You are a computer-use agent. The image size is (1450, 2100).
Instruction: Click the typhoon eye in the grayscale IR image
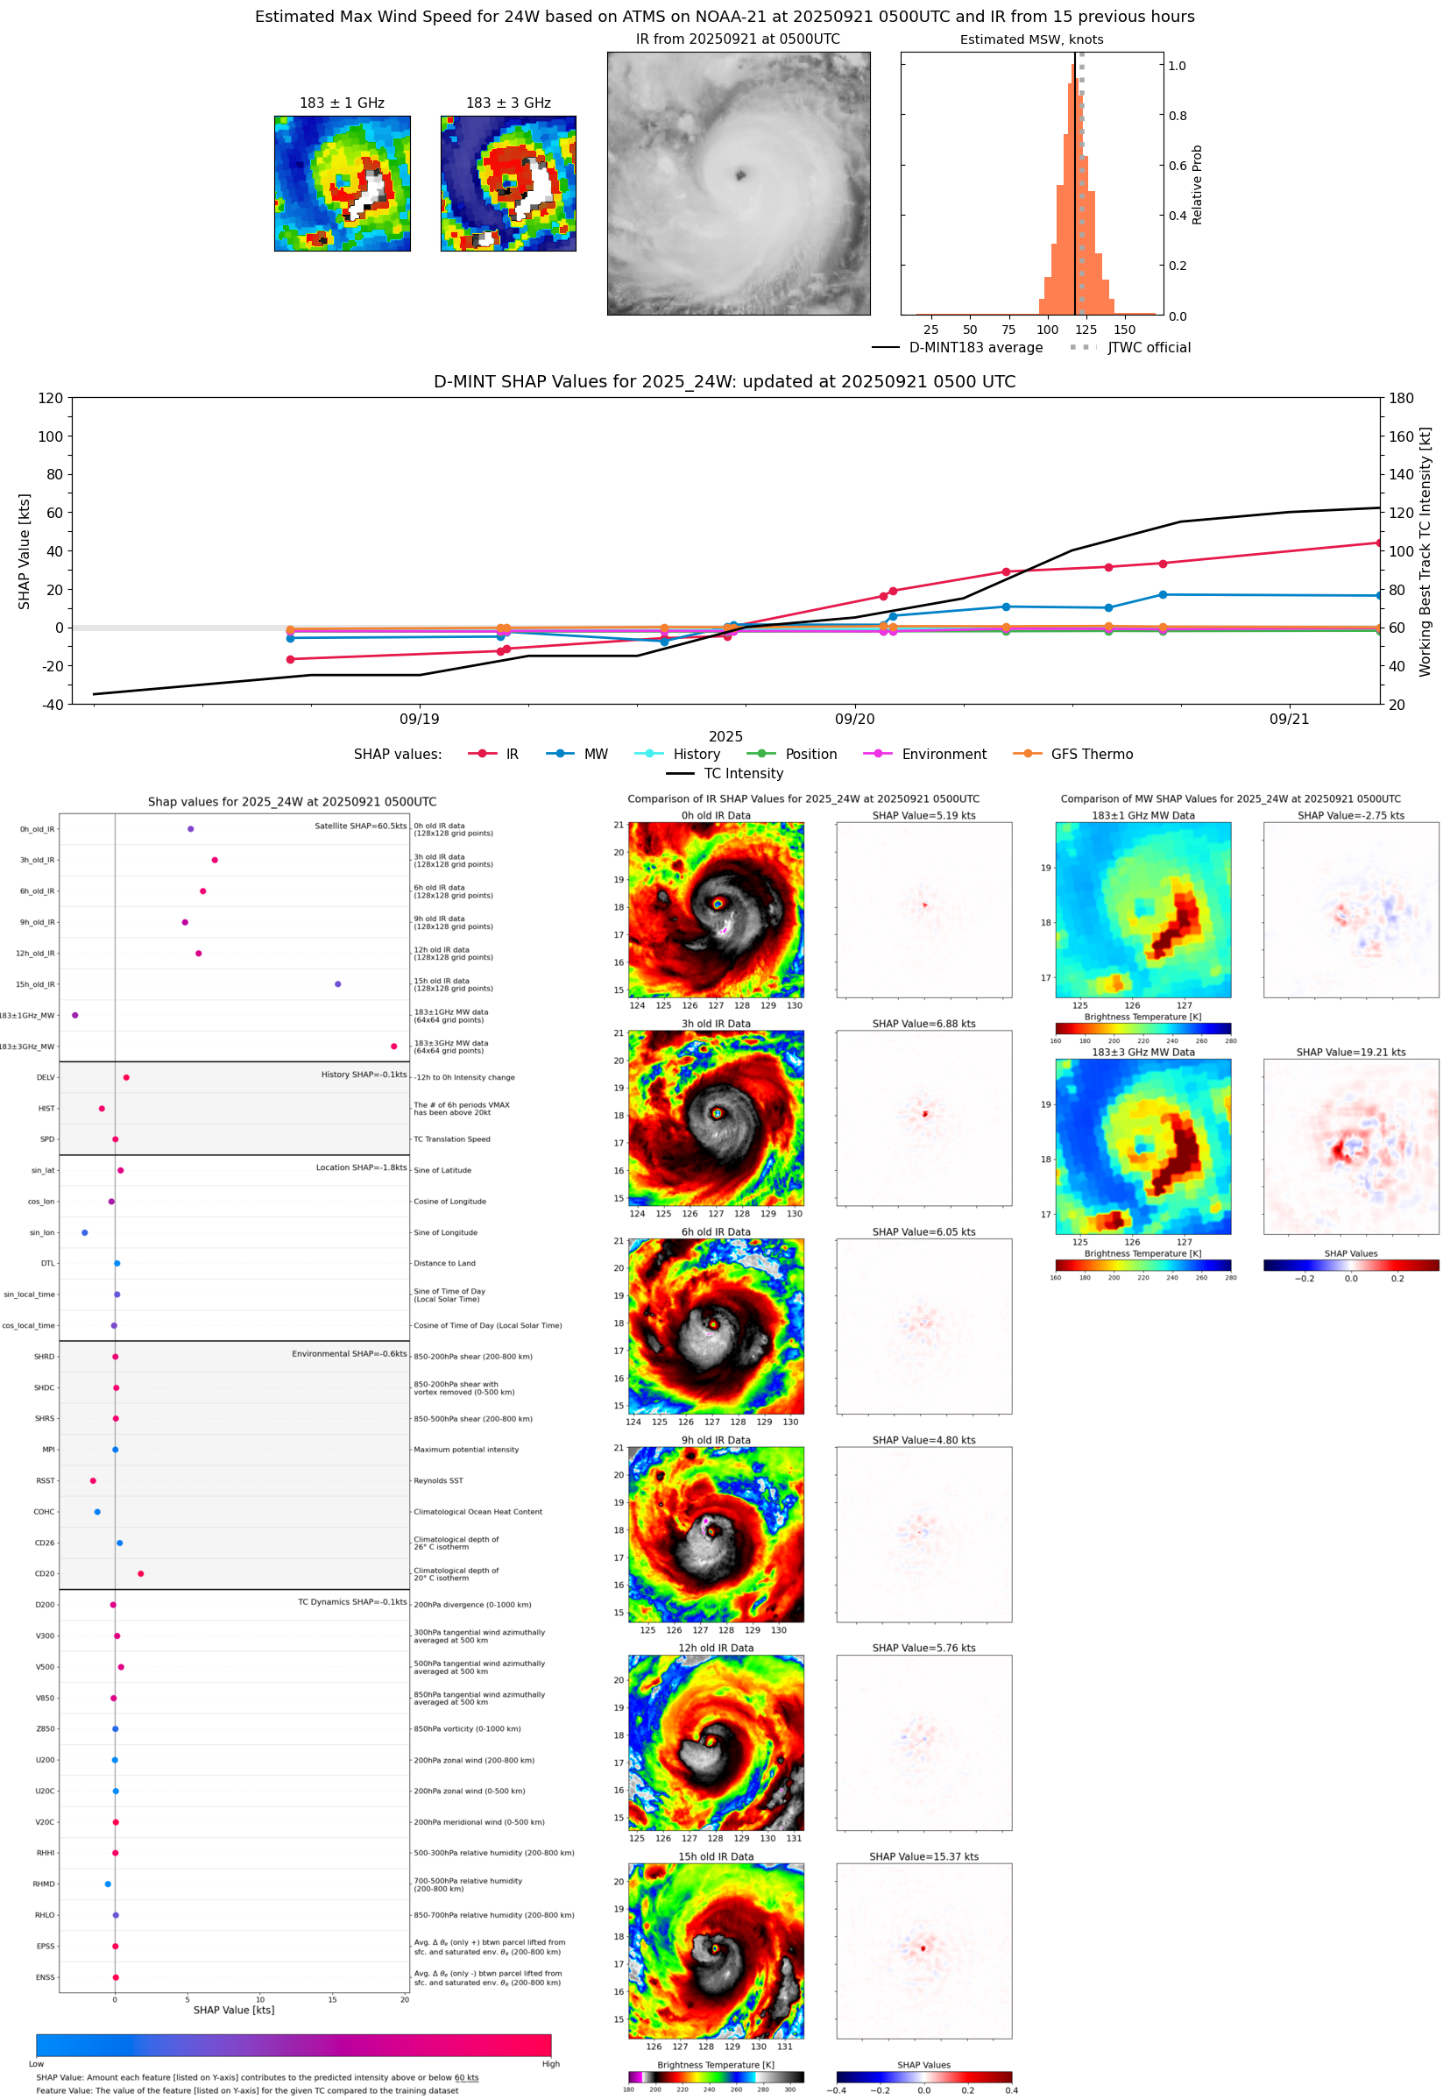[x=740, y=175]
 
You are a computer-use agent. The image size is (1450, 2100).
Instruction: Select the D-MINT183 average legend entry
[x=975, y=347]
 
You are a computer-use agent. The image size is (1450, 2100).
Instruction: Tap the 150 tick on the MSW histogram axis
[x=1124, y=330]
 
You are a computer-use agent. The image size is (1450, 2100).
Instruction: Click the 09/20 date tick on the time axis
[x=854, y=719]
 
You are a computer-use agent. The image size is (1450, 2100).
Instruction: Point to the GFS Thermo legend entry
[x=1091, y=755]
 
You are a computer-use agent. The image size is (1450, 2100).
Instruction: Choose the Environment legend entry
[x=943, y=755]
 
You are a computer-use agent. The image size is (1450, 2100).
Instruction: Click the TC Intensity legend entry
[x=742, y=773]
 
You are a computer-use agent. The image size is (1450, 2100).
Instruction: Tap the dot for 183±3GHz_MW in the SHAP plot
[x=393, y=1046]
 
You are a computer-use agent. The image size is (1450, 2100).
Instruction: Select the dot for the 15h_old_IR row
[x=338, y=984]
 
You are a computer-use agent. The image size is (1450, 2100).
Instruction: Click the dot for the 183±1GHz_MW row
[x=75, y=1015]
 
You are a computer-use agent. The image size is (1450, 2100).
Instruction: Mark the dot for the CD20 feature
[x=141, y=1574]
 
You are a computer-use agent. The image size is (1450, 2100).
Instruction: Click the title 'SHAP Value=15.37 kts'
[x=923, y=1856]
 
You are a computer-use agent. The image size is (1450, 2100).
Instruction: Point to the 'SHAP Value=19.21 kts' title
[x=1350, y=1053]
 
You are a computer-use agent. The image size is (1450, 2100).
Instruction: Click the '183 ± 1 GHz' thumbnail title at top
[x=342, y=103]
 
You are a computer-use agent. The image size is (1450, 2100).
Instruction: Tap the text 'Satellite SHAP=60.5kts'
[x=360, y=826]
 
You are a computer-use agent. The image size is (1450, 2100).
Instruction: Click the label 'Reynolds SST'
[x=438, y=1481]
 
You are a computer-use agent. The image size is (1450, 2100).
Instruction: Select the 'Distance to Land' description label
[x=444, y=1263]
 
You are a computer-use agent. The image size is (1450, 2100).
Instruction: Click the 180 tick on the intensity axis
[x=1401, y=398]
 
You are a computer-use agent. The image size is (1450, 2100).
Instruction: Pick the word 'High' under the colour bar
[x=550, y=2064]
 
